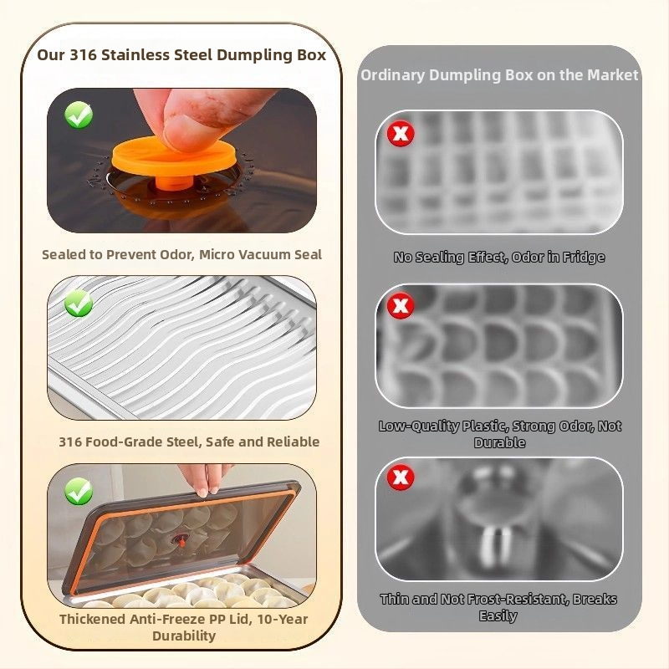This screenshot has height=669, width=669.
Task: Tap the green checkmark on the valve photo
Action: coord(79,115)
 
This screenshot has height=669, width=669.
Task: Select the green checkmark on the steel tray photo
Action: coord(79,304)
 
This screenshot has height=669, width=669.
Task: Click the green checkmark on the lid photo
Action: coord(79,491)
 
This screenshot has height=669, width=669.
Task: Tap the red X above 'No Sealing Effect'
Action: coord(401,134)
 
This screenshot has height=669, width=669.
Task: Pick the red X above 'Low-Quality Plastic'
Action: coord(401,305)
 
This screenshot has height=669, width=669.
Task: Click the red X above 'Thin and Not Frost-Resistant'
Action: coord(401,477)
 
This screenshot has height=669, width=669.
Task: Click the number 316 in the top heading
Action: coord(83,55)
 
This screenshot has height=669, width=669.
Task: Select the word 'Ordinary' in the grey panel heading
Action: coord(393,75)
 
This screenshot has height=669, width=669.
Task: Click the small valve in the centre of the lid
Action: coord(181,541)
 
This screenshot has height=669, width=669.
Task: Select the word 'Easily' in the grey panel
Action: coord(498,616)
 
